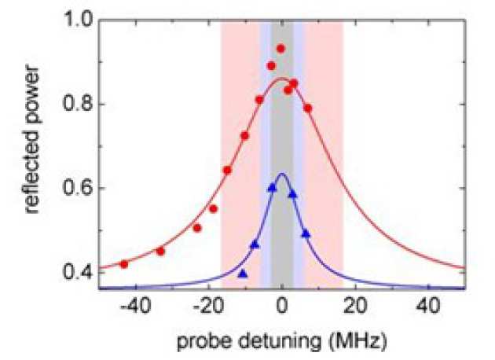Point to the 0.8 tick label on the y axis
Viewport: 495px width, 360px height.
tap(79, 105)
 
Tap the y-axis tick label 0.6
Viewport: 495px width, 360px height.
tap(79, 189)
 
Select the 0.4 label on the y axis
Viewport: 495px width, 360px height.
tap(79, 273)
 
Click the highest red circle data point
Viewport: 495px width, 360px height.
tap(280, 49)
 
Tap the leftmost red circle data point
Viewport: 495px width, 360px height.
tap(124, 264)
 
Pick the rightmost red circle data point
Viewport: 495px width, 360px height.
tap(308, 108)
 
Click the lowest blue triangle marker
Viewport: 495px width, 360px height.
tap(242, 274)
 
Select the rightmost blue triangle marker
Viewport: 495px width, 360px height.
tap(306, 233)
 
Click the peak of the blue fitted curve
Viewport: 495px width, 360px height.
tap(282, 174)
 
